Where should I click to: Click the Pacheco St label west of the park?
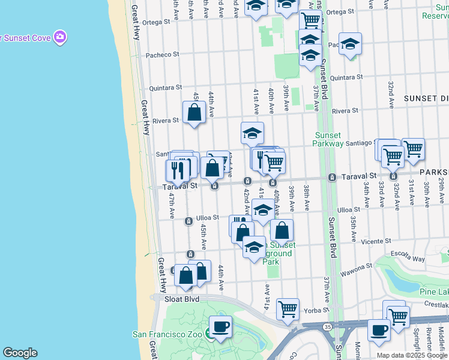(x=163, y=55)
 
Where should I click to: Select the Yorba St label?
(x=316, y=311)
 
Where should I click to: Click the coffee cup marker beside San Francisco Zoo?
(x=220, y=328)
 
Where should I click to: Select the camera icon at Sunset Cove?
(x=59, y=38)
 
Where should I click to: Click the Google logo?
(x=20, y=353)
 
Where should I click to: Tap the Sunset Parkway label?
(x=328, y=140)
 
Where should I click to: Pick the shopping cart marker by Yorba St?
(x=288, y=310)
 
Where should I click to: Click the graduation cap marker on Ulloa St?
(x=262, y=210)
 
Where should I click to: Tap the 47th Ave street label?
(x=172, y=205)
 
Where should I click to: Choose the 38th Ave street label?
(x=306, y=197)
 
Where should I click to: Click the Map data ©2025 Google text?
(x=412, y=355)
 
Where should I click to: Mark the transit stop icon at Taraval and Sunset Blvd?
(x=332, y=177)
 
